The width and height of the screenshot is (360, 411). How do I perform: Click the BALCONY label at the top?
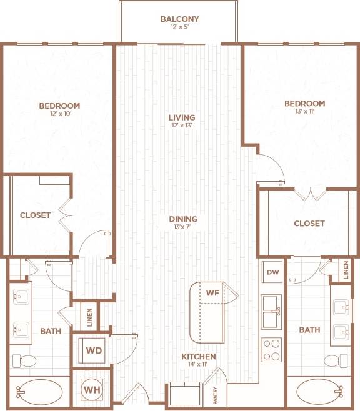(x=179, y=19)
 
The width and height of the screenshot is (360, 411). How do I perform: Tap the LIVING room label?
(x=182, y=117)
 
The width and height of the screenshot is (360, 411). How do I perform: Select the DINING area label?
(x=183, y=219)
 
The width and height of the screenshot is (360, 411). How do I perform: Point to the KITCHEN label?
(x=199, y=357)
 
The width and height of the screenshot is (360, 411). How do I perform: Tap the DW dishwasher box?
(x=272, y=272)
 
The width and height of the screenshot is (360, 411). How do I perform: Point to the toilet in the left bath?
(x=27, y=360)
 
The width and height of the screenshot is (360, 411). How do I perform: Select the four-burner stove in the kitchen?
(x=272, y=350)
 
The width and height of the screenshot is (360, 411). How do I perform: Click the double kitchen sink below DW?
(x=272, y=312)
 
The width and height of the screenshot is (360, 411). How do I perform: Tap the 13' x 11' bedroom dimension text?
(x=304, y=113)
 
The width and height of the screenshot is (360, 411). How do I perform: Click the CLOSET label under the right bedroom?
(x=309, y=224)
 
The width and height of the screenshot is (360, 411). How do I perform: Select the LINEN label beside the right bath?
(x=346, y=270)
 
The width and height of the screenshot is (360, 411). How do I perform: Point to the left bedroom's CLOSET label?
(x=35, y=215)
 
